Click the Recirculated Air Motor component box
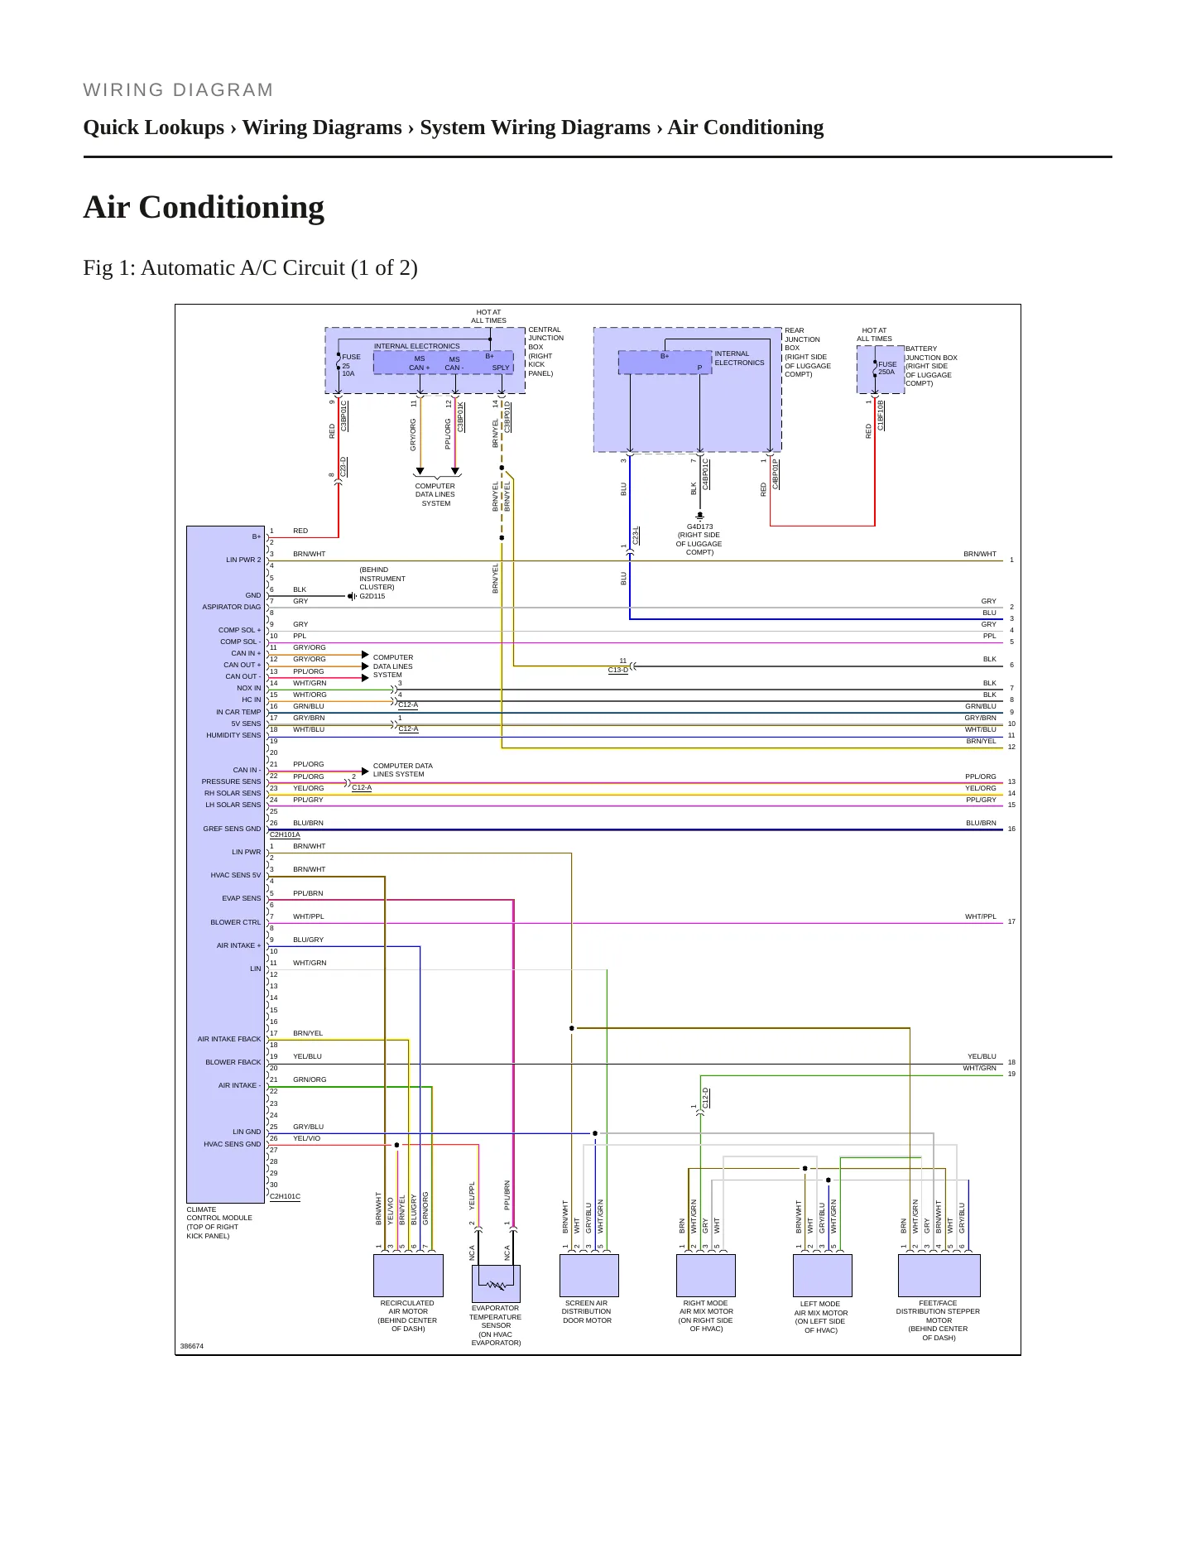click(x=408, y=1275)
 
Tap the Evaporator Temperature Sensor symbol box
click(x=496, y=1284)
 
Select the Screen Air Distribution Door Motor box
click(x=589, y=1275)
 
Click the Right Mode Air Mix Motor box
click(x=706, y=1275)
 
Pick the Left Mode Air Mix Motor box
click(x=823, y=1275)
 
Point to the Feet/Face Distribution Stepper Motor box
click(x=939, y=1275)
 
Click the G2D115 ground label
click(x=372, y=596)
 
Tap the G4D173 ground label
click(x=699, y=526)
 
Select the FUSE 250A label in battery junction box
click(x=887, y=368)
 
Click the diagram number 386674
click(x=192, y=1346)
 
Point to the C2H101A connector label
click(x=286, y=834)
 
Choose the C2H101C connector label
click(x=286, y=1196)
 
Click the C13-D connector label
click(x=618, y=670)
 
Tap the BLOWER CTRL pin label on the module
click(x=235, y=922)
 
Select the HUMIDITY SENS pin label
click(x=233, y=735)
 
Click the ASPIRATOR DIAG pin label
click(x=232, y=607)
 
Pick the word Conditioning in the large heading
click(x=232, y=208)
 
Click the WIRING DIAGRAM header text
click(x=178, y=90)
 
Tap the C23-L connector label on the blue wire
click(x=636, y=535)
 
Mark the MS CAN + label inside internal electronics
click(x=420, y=363)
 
